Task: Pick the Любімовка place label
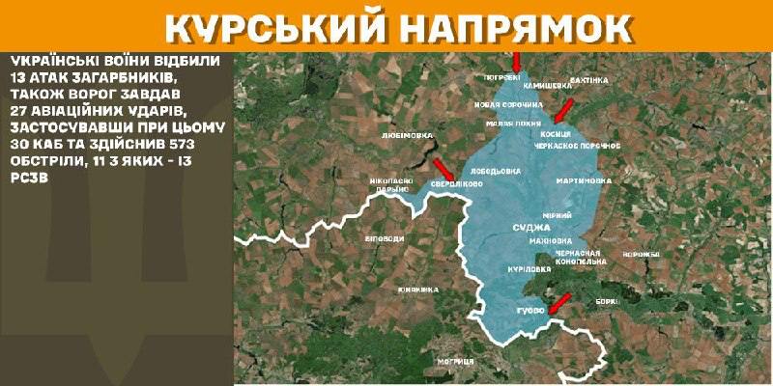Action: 407,136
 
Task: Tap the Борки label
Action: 608,301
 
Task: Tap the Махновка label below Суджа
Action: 548,240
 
